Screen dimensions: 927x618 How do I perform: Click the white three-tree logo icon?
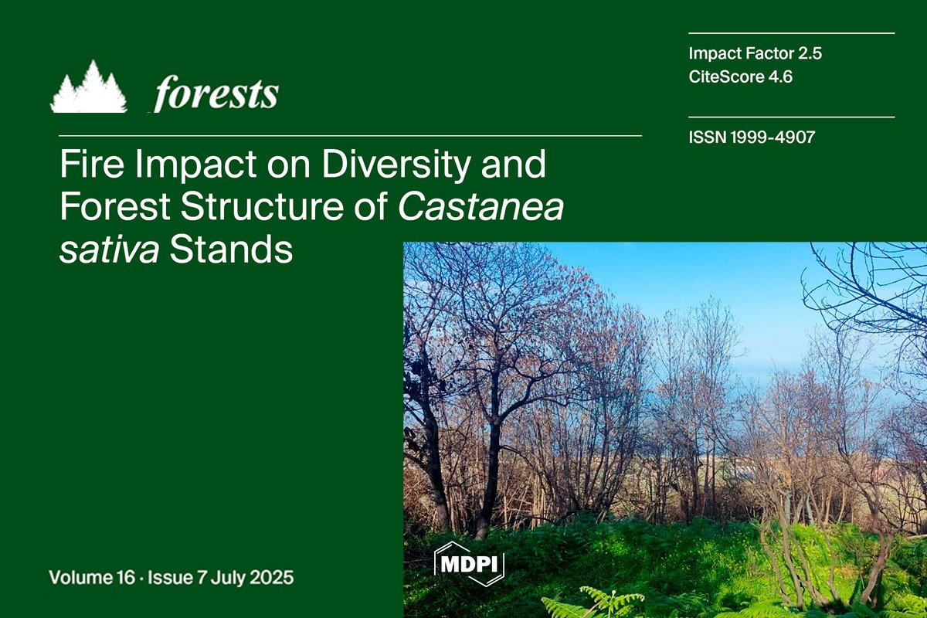pos(89,87)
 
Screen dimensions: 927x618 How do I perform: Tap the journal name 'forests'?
pos(216,93)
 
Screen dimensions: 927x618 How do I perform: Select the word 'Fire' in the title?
pos(92,164)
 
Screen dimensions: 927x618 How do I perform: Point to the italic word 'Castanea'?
pos(480,206)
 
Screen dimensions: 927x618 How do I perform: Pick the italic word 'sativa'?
pos(109,250)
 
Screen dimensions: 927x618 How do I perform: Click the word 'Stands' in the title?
pos(231,250)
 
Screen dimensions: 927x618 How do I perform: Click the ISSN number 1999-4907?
pos(773,138)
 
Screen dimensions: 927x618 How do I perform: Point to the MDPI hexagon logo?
pos(470,563)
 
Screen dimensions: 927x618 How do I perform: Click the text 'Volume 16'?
pos(92,577)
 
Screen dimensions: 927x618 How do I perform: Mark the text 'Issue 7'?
pos(177,577)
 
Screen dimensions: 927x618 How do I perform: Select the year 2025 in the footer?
pos(272,577)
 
